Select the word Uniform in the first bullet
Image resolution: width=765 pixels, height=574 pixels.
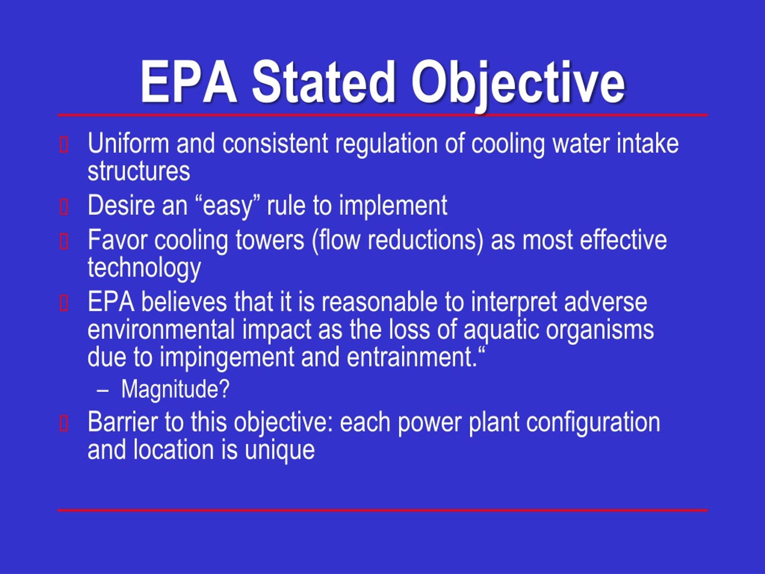coord(128,143)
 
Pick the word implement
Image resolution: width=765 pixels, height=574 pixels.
coord(393,205)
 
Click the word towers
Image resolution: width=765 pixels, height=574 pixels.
coord(270,240)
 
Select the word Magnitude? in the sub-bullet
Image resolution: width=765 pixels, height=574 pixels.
coord(175,389)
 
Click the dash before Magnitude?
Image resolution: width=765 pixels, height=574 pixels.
coord(103,390)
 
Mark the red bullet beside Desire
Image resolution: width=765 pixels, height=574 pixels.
coord(64,207)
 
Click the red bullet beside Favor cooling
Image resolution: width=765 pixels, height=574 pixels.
coord(64,242)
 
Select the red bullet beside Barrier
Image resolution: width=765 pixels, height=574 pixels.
coord(64,424)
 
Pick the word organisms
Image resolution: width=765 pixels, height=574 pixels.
coord(600,330)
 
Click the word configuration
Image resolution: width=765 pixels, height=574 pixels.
coord(593,422)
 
